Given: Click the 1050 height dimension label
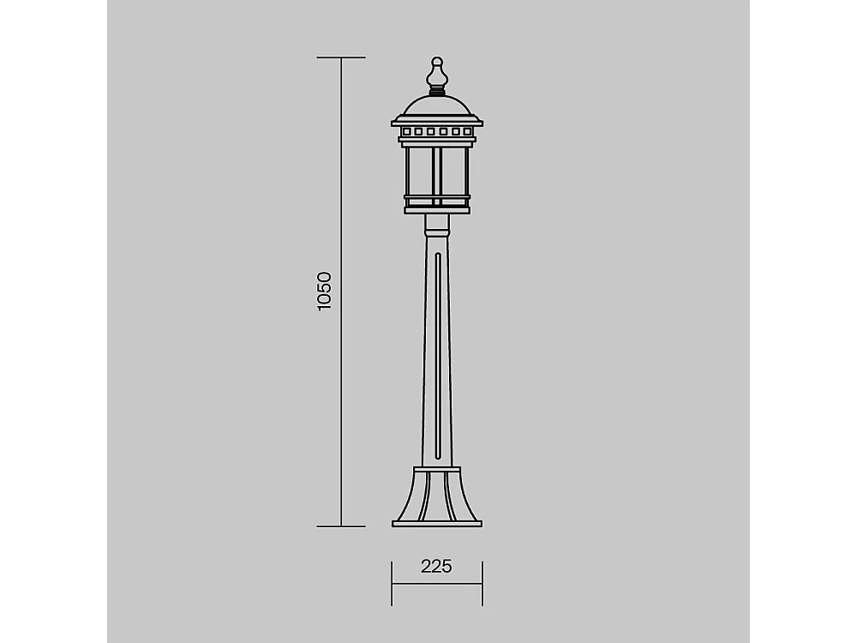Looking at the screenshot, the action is pyautogui.click(x=324, y=291).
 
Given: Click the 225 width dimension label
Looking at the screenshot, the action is pyautogui.click(x=437, y=567).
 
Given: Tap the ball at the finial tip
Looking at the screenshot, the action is pyautogui.click(x=437, y=61).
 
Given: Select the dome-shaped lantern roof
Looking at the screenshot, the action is pyautogui.click(x=437, y=105).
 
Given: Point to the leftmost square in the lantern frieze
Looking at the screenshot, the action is pyautogui.click(x=406, y=132).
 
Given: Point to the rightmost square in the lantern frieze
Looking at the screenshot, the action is pyautogui.click(x=467, y=132).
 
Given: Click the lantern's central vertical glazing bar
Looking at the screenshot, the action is pyautogui.click(x=437, y=174).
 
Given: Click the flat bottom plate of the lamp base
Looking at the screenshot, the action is pyautogui.click(x=437, y=524).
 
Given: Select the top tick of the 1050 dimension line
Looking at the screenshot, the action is pyautogui.click(x=341, y=57).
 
